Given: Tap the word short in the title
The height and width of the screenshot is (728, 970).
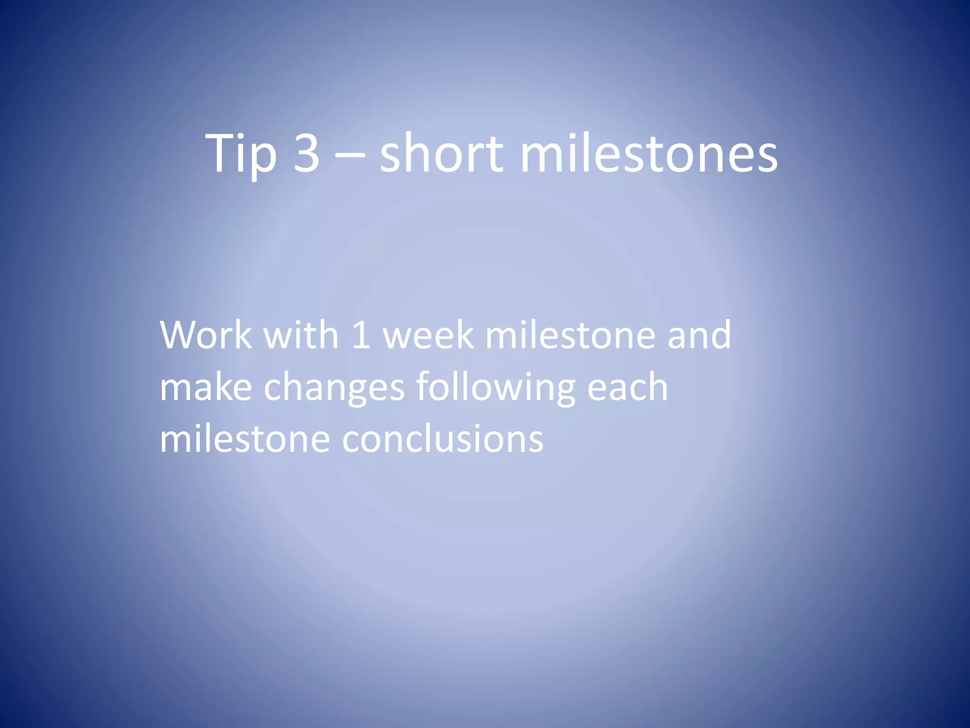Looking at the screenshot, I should [441, 153].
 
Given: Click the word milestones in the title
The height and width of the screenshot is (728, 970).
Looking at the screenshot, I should [649, 153].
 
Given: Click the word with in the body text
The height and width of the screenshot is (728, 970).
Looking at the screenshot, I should [301, 335].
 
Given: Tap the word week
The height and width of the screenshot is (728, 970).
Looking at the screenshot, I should [428, 335].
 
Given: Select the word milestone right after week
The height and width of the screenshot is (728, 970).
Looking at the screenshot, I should [570, 335].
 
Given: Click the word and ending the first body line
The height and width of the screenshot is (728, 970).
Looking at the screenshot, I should [699, 335].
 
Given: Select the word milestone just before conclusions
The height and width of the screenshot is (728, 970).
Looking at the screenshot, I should [245, 438].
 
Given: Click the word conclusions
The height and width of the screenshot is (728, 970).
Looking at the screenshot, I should [443, 438].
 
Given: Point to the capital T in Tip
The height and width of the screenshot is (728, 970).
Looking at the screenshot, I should [221, 153].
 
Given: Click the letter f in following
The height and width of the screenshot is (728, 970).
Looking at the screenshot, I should [424, 386].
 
